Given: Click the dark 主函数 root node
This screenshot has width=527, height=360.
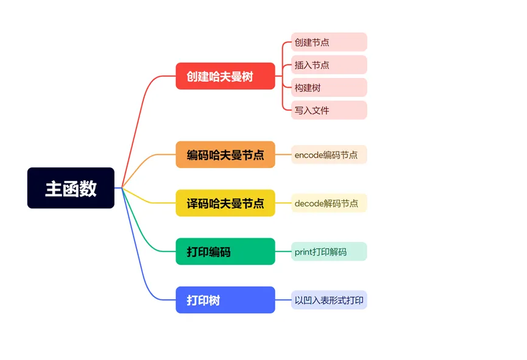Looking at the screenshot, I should (71, 188).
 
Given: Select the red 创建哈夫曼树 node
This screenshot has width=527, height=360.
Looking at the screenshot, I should (225, 76).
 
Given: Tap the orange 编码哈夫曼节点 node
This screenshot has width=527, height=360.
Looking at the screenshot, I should (225, 155).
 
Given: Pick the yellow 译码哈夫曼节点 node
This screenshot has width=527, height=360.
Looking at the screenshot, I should (225, 203).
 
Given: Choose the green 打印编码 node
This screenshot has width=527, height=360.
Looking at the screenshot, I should (225, 252).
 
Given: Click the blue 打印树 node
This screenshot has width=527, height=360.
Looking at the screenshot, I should (225, 300).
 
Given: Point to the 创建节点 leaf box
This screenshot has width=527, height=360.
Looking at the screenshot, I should (328, 42).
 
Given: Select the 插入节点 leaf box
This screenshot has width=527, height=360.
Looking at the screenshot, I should (328, 65).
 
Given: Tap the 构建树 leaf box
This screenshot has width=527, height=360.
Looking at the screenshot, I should (328, 87).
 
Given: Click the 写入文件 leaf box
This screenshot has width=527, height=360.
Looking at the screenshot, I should (328, 110).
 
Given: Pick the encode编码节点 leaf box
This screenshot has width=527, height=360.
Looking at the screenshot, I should (328, 155).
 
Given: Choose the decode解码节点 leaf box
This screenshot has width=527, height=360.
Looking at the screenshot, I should (328, 203).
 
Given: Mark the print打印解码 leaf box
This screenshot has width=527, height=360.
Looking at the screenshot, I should (328, 252).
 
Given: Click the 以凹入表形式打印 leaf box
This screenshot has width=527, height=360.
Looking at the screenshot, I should (328, 300).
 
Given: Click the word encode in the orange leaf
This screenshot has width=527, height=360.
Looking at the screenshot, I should (308, 155).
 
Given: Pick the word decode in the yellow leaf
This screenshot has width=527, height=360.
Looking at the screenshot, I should (308, 203).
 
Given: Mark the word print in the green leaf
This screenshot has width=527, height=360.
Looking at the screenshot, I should (303, 252).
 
